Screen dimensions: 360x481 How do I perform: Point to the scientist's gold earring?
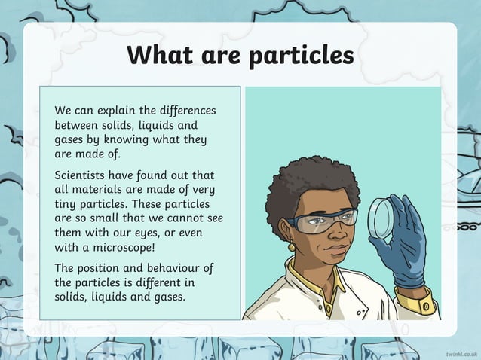tap(290, 248)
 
